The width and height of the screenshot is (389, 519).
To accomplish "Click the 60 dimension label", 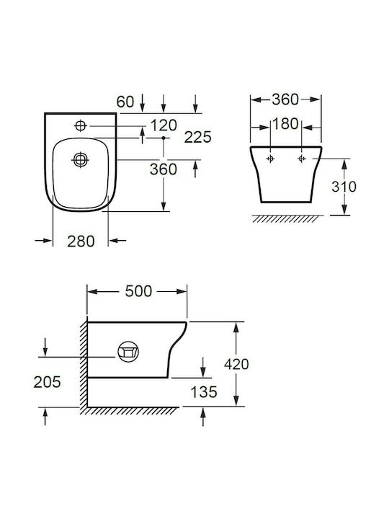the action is (x=125, y=102).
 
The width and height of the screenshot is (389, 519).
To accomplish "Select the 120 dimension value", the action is (x=164, y=125).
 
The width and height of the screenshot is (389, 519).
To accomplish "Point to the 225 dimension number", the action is (x=197, y=138).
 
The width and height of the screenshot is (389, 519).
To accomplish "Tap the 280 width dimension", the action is (x=81, y=241).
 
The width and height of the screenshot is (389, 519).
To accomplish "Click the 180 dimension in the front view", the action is (x=285, y=124).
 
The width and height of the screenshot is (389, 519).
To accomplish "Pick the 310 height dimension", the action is (x=344, y=187).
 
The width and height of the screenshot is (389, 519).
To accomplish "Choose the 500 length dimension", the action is (x=138, y=291).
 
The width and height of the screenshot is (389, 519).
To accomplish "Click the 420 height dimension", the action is (x=236, y=365).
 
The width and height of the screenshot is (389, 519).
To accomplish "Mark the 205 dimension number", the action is (x=47, y=382).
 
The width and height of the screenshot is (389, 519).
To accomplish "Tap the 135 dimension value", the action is (x=204, y=392).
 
